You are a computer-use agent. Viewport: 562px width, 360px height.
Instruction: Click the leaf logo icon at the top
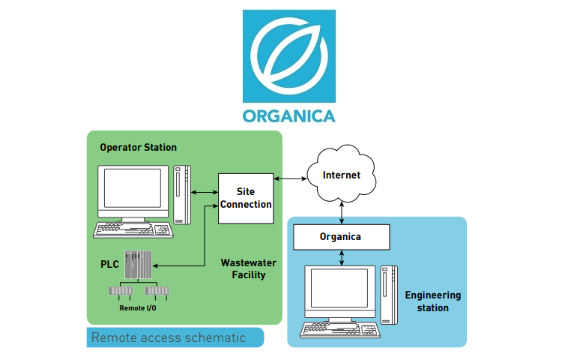click(288, 56)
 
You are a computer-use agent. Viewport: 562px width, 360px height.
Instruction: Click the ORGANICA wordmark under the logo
click(288, 115)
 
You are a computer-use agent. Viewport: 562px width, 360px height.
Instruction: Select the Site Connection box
click(245, 198)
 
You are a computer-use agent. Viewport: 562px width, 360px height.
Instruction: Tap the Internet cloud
click(342, 175)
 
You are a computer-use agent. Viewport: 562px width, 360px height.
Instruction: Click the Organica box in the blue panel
click(341, 237)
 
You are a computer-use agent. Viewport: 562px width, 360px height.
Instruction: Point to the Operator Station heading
click(139, 148)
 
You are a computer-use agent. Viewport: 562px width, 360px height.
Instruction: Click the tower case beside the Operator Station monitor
click(181, 193)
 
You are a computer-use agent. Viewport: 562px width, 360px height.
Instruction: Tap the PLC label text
click(110, 265)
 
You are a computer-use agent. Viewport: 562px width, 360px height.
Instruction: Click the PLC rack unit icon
click(136, 265)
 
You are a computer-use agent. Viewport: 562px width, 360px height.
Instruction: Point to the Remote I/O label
click(138, 307)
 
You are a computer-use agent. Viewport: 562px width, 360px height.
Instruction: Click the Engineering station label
click(433, 301)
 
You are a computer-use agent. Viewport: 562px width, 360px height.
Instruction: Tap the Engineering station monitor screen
click(339, 291)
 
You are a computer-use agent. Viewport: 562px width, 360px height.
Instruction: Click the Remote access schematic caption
click(169, 337)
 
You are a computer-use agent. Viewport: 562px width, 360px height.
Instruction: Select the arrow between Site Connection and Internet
click(291, 178)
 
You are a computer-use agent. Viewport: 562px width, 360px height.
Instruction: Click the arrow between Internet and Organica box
click(342, 213)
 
